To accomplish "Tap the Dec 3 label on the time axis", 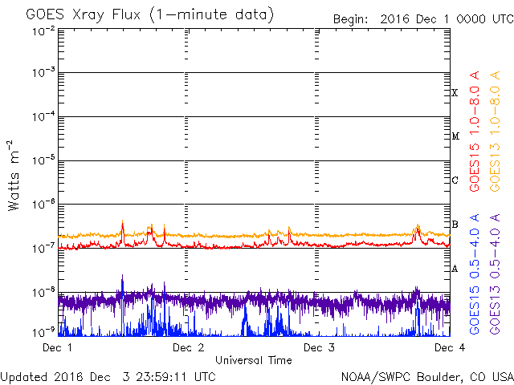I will tap(319, 348).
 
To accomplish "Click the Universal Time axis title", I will tap(253, 361).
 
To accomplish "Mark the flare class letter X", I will tap(455, 93).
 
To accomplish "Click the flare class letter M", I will tap(455, 136).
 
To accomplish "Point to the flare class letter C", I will tap(455, 180).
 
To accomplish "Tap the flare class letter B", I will tap(455, 225).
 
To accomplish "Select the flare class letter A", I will tap(455, 269).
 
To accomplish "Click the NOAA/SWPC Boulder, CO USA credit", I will tap(426, 376).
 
